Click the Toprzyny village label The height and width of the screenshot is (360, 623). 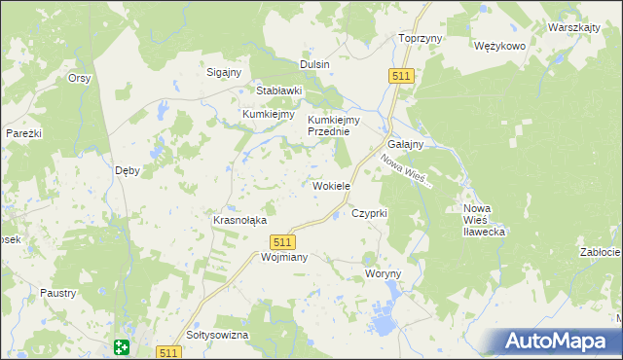pyautogui.click(x=421, y=38)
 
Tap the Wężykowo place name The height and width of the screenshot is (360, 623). pyautogui.click(x=499, y=46)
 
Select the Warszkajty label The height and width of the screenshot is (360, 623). pyautogui.click(x=573, y=27)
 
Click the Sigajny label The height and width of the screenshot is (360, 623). pyautogui.click(x=225, y=72)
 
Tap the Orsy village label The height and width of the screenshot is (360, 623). pyautogui.click(x=79, y=78)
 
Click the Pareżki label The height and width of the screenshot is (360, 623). pyautogui.click(x=23, y=132)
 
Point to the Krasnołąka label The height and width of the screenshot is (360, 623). pyautogui.click(x=239, y=220)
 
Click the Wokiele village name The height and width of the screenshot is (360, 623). pyautogui.click(x=331, y=185)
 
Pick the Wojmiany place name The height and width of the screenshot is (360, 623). pyautogui.click(x=258, y=258)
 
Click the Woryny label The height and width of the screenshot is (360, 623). pyautogui.click(x=383, y=274)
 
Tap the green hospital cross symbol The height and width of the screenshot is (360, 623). pyautogui.click(x=121, y=346)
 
